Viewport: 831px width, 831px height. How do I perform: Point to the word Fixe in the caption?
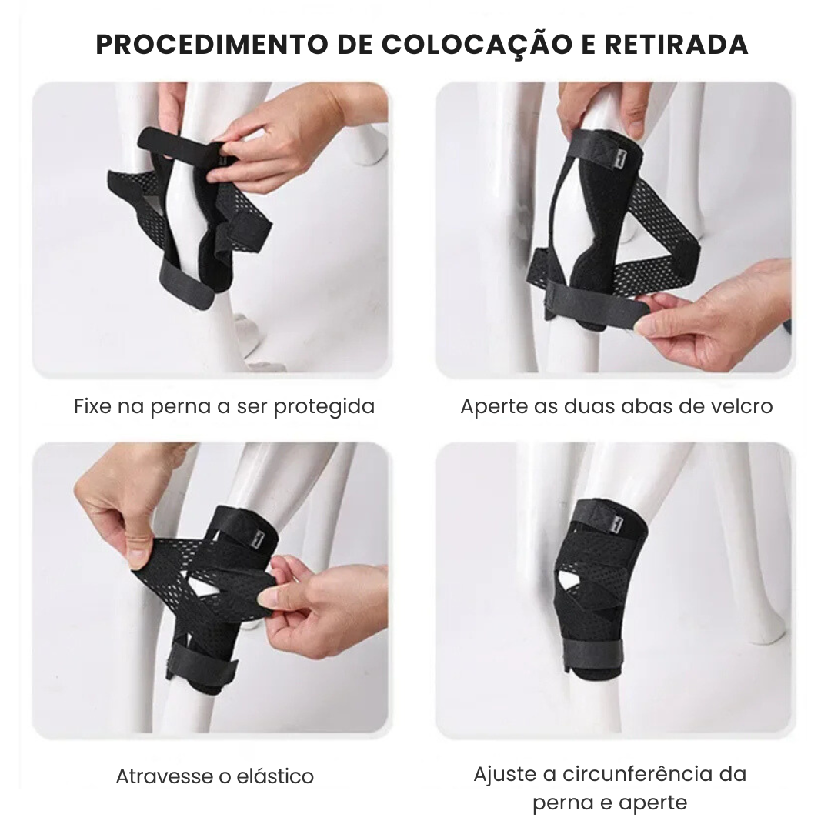click(92, 405)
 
